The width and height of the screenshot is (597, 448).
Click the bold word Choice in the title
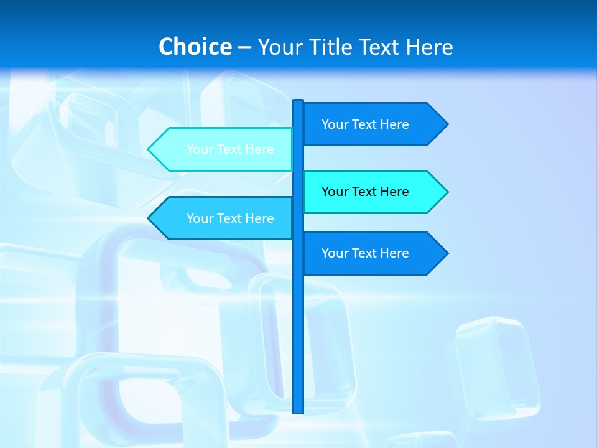(195, 47)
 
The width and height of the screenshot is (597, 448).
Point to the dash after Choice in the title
(244, 48)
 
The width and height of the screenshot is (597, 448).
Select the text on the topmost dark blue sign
(365, 124)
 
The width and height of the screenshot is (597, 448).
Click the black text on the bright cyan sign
(365, 192)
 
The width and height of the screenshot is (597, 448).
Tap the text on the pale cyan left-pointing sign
(230, 149)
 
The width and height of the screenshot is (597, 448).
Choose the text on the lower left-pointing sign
(230, 218)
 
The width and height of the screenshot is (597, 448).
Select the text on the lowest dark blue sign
(365, 253)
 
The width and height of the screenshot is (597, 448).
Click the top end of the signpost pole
(298, 101)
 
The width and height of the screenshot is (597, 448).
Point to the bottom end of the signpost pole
(298, 411)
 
